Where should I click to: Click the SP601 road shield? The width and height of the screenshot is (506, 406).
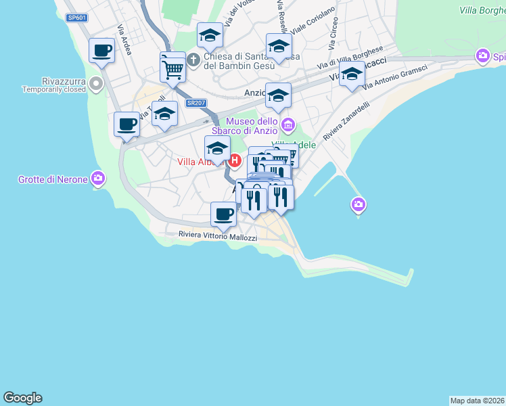[x=77, y=18]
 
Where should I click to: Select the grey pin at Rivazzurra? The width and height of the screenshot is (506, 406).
[x=96, y=85]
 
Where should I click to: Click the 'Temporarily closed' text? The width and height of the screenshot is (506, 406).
[x=54, y=89]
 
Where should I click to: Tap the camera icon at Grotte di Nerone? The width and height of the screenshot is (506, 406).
[x=98, y=179]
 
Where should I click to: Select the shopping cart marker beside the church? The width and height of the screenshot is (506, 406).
[x=173, y=68]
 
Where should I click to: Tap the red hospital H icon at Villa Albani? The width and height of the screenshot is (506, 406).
[x=235, y=161]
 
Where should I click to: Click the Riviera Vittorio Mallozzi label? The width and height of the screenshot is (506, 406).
[x=218, y=236]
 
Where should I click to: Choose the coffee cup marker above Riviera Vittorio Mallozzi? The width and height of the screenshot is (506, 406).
[x=223, y=215]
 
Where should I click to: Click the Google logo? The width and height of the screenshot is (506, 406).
[x=22, y=398]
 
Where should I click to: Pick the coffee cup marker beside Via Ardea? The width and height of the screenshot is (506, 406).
[x=102, y=50]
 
